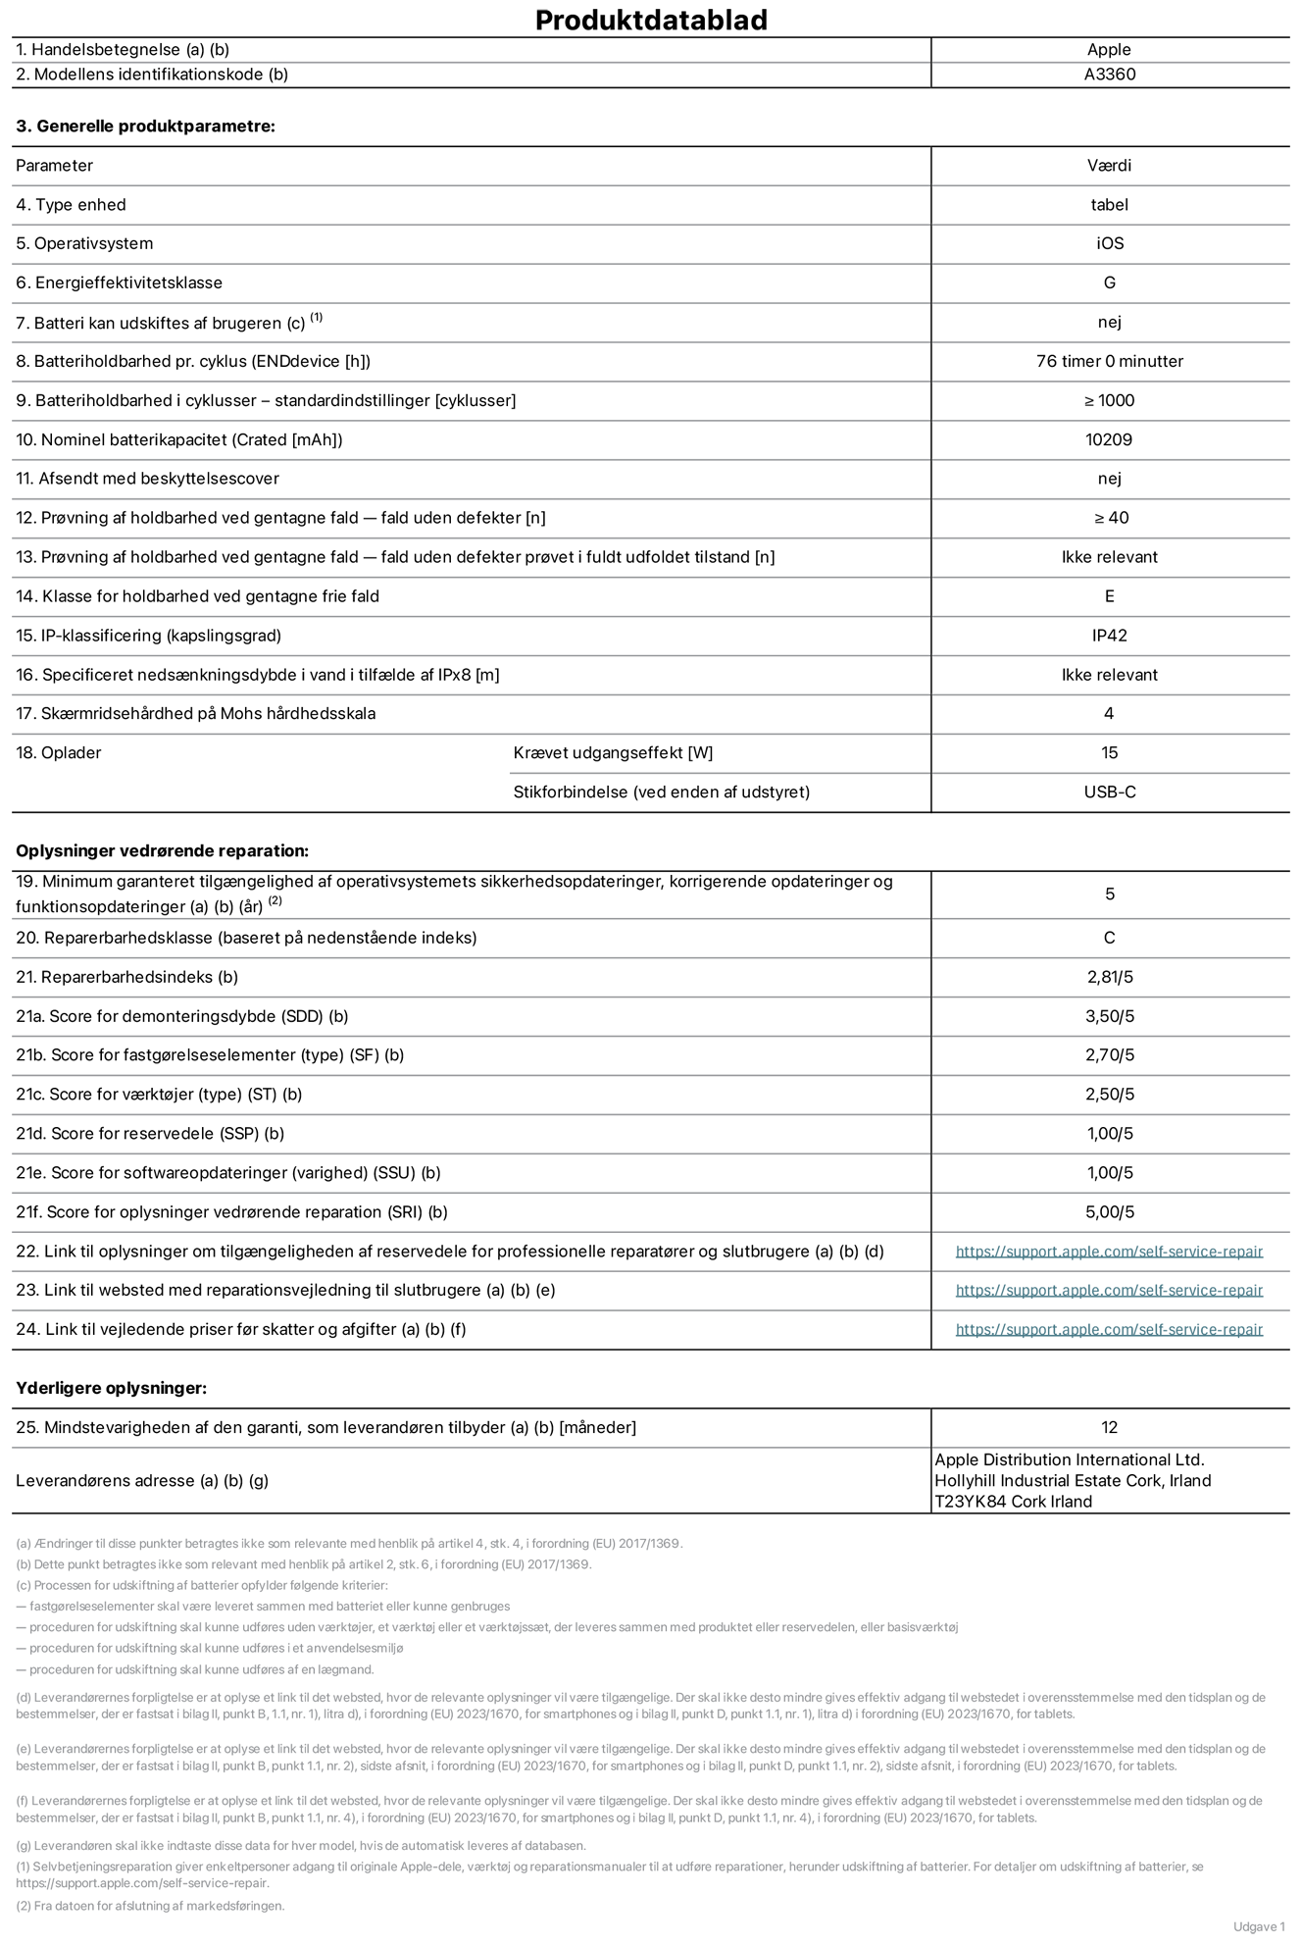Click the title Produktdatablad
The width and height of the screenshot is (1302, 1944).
click(x=651, y=20)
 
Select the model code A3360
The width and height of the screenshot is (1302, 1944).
click(x=1109, y=75)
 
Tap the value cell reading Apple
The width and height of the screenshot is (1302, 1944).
click(x=1109, y=50)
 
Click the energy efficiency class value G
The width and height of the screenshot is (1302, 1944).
click(x=1109, y=282)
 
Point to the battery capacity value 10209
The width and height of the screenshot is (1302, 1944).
click(x=1109, y=439)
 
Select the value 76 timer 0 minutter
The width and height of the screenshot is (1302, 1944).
click(x=1109, y=361)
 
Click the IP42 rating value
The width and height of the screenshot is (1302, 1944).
click(x=1109, y=636)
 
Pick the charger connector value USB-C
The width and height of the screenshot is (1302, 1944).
click(x=1109, y=792)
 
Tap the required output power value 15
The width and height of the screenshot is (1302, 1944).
click(x=1109, y=752)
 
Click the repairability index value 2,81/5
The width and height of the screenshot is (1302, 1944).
click(x=1109, y=977)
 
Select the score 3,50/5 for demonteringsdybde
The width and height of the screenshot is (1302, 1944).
click(x=1109, y=1016)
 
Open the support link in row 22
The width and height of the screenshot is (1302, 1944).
click(x=1109, y=1252)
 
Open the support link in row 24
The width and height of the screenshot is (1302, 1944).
click(x=1109, y=1329)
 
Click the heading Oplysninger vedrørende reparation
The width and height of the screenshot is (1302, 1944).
click(x=162, y=850)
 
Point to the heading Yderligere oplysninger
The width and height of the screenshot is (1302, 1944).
click(x=111, y=1388)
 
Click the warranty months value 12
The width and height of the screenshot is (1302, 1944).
click(x=1109, y=1427)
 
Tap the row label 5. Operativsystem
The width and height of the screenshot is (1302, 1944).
click(x=84, y=243)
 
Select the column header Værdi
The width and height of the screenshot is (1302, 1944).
click(x=1109, y=166)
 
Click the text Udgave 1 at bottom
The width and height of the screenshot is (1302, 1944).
click(x=1259, y=1926)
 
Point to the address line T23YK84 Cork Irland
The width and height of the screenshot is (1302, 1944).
click(x=1013, y=1502)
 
